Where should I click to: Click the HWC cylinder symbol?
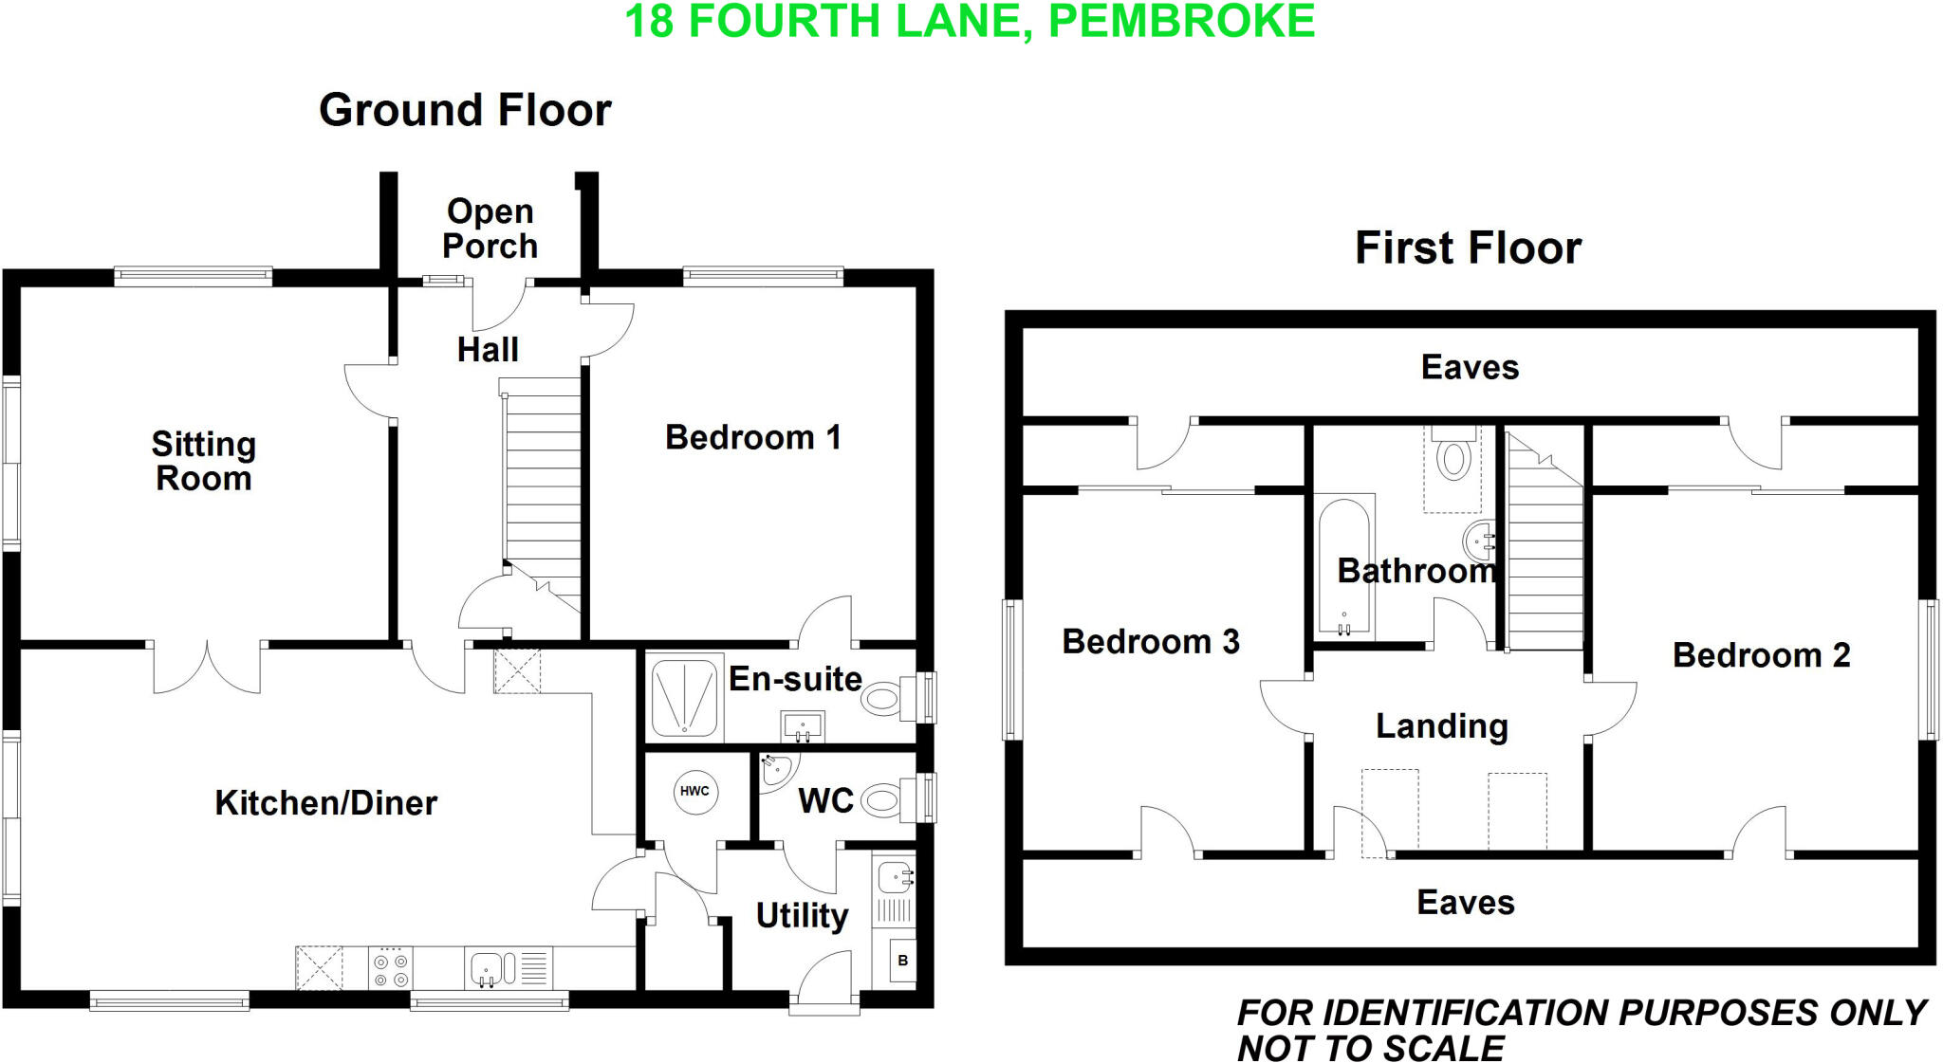694,791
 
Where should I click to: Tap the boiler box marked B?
902,961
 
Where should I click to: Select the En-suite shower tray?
684,699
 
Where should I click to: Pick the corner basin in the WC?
775,770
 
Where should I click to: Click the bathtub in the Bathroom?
1344,565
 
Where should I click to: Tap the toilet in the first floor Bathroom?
1453,459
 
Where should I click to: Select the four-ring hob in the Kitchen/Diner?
391,968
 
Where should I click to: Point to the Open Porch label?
490,229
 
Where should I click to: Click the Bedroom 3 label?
1150,642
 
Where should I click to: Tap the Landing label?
1441,726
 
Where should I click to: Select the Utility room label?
802,916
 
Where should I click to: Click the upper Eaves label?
1469,367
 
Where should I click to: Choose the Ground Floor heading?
465,110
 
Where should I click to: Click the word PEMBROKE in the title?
1181,21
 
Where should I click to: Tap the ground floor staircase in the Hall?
542,484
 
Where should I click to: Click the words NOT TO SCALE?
1370,1049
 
